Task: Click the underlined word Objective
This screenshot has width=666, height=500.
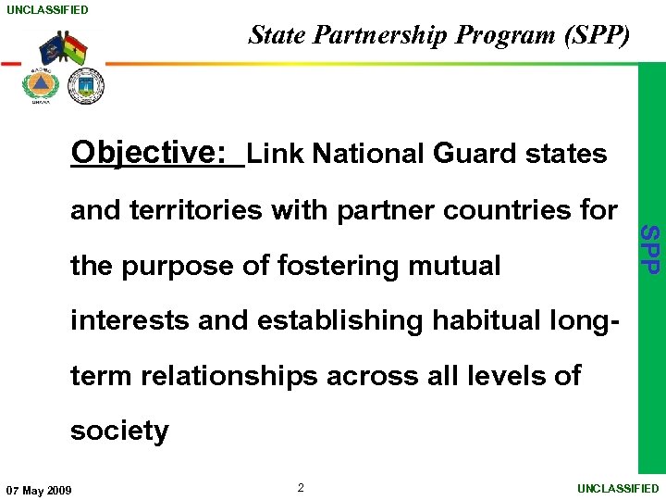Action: tap(149, 152)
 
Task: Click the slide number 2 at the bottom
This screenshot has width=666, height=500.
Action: tap(301, 487)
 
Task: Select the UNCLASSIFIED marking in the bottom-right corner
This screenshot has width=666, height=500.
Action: tap(618, 488)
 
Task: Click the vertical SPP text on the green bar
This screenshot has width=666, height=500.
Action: tap(651, 248)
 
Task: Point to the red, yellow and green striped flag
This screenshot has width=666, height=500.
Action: tap(75, 49)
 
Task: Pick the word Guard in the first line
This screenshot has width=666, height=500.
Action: tap(476, 154)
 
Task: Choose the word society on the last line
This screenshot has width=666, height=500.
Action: tap(119, 431)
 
